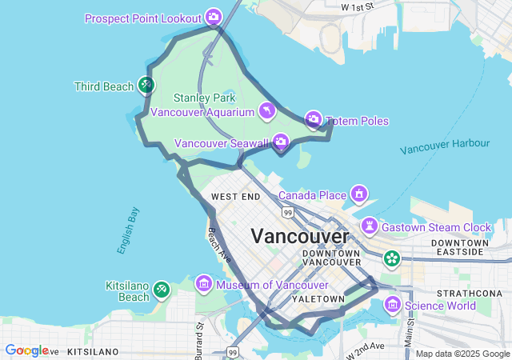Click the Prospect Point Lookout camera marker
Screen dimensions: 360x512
point(214,16)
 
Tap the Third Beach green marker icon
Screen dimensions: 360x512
point(146,84)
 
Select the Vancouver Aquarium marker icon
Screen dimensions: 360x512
point(266,110)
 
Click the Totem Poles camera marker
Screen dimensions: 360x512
point(314,120)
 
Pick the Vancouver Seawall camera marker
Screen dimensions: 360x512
point(281,142)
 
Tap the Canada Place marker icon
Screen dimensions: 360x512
point(360,194)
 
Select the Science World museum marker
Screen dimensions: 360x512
point(392,304)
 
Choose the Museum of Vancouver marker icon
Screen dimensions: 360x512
point(204,284)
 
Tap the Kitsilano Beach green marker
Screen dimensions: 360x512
point(162,289)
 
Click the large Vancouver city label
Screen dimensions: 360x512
point(300,237)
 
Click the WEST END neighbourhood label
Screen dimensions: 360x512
point(235,196)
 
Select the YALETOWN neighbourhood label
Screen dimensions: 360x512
point(318,298)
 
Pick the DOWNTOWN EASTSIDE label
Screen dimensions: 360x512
point(459,246)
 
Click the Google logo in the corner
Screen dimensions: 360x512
point(26,350)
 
